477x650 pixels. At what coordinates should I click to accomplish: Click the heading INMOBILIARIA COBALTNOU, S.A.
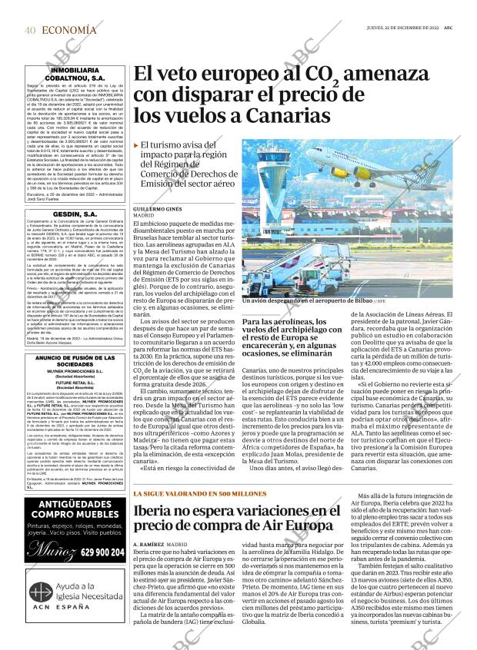pos(65,74)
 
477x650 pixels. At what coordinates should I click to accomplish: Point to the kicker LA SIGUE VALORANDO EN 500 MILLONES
pos(199,492)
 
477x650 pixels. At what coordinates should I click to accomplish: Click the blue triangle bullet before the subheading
pos(136,144)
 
